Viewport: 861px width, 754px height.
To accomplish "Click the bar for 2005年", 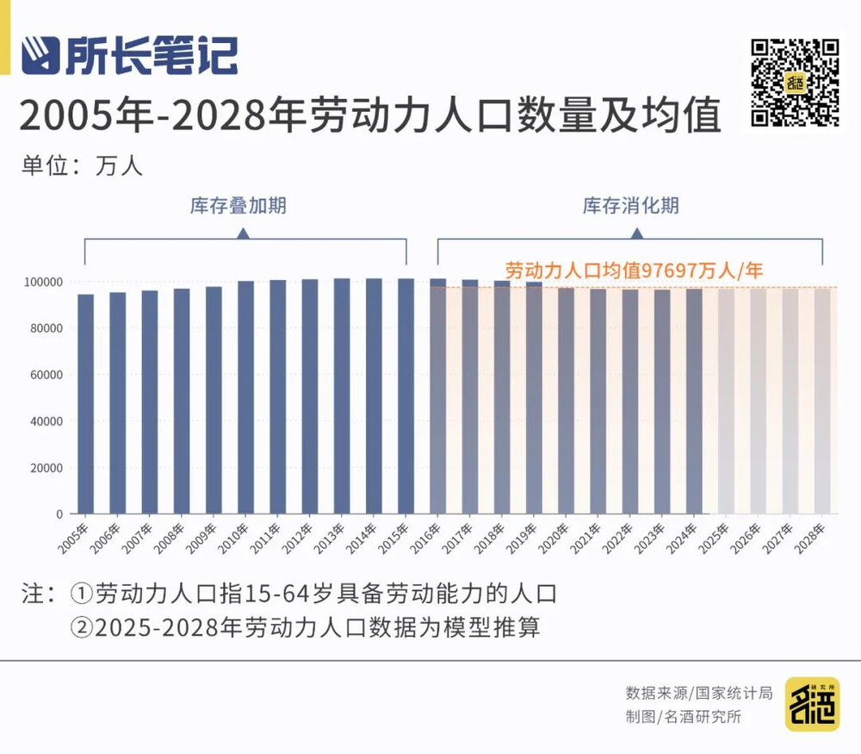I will [86, 403].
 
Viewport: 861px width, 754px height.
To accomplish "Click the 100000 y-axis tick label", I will [40, 282].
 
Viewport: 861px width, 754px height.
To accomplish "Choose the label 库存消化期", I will [631, 206].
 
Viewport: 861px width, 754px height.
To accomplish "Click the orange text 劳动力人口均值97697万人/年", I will [634, 270].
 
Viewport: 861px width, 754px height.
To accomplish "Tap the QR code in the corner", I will [794, 83].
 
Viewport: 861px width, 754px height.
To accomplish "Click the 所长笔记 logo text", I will [152, 56].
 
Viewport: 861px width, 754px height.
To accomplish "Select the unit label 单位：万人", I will [82, 165].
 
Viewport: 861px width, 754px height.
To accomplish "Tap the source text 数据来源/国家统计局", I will [699, 693].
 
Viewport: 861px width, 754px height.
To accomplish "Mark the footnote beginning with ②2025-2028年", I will [306, 627].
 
